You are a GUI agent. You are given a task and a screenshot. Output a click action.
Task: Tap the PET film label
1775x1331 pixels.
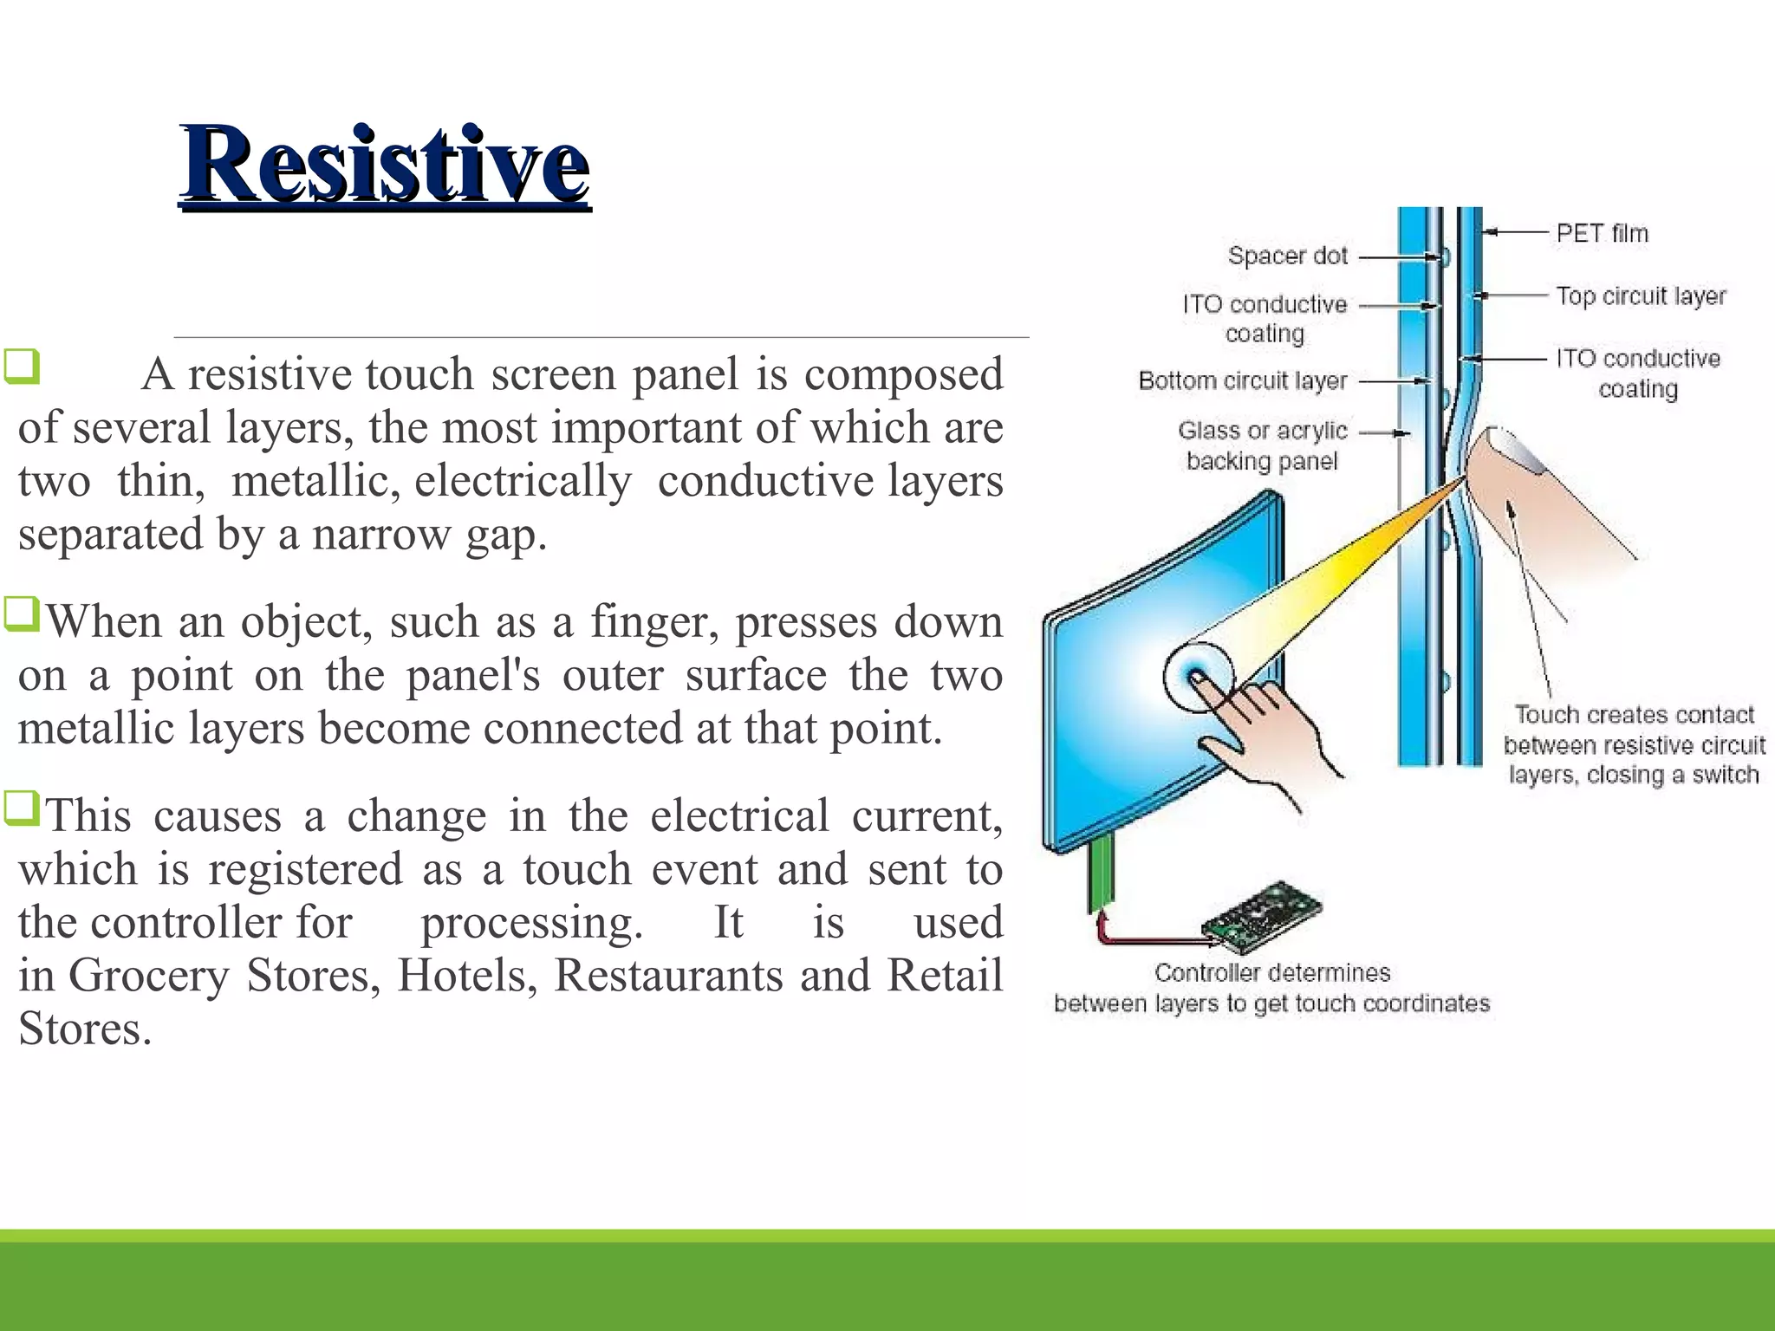point(1602,233)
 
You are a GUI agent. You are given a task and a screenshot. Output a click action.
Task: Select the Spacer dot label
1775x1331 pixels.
point(1287,256)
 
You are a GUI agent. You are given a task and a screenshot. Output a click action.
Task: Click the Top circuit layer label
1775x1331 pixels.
point(1640,296)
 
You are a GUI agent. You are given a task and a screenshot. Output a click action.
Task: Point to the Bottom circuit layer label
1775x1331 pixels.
point(1242,380)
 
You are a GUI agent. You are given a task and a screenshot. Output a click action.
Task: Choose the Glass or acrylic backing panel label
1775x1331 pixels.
point(1262,445)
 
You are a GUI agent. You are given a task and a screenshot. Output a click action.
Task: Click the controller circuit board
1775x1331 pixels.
point(1263,912)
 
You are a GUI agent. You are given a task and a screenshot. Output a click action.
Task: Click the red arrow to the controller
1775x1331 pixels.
point(1144,937)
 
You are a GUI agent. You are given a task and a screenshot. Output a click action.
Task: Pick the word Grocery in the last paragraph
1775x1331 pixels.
point(148,976)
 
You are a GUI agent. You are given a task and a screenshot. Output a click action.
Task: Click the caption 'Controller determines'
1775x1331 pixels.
point(1271,973)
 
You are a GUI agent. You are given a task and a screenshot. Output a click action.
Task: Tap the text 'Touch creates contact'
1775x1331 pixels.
point(1634,715)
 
